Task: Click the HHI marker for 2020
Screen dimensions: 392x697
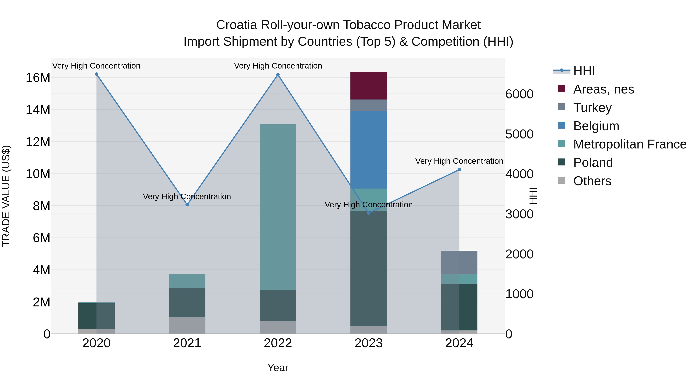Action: click(96, 74)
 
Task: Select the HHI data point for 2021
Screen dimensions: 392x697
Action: click(187, 205)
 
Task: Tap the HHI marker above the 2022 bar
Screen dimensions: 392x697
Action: click(278, 75)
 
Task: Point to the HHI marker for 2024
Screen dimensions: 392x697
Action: click(459, 170)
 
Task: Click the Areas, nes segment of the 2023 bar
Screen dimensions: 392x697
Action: click(368, 86)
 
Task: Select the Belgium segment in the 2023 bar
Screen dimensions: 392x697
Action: click(368, 150)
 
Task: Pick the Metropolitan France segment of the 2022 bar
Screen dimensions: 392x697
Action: click(278, 207)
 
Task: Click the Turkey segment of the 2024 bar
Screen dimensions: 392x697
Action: click(459, 262)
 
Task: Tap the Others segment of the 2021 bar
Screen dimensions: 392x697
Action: click(187, 325)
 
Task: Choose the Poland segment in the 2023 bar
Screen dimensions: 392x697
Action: click(368, 268)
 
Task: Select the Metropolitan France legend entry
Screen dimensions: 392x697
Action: click(629, 144)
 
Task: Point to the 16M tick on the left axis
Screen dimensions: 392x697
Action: click(38, 78)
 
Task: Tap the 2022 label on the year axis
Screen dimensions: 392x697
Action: click(278, 343)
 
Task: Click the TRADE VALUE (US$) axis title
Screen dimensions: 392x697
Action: click(6, 196)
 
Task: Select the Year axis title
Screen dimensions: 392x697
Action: click(278, 368)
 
